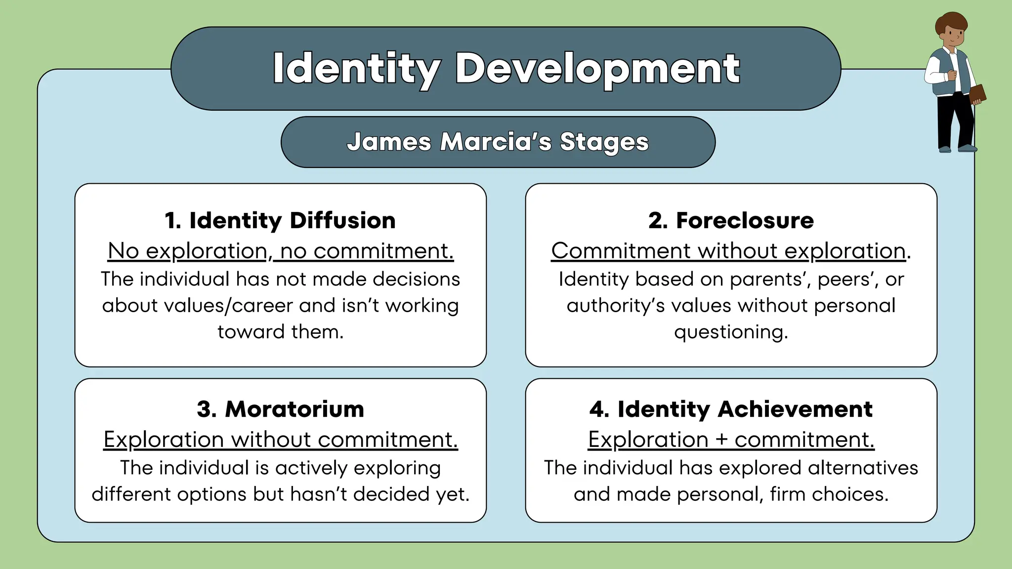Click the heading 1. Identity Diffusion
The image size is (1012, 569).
tap(280, 220)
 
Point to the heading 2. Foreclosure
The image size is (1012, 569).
tap(731, 220)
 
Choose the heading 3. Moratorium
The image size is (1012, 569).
tap(280, 409)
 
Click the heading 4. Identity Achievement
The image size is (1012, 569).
tap(731, 409)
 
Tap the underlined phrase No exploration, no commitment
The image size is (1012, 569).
tap(280, 251)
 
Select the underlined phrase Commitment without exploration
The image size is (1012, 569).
tap(728, 251)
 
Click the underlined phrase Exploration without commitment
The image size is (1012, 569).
tap(280, 440)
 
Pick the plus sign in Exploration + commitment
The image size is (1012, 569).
tap(721, 440)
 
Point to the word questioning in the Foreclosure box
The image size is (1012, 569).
tap(731, 332)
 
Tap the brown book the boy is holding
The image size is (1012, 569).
tap(977, 94)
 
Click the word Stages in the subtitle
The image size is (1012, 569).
tap(604, 142)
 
